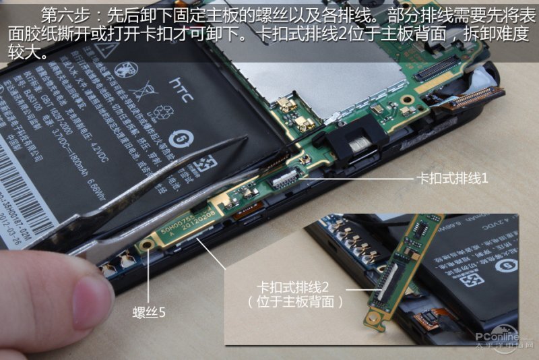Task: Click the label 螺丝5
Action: pyautogui.click(x=149, y=311)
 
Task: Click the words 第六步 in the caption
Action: pyautogui.click(x=64, y=13)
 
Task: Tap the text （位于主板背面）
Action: pyautogui.click(x=296, y=302)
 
